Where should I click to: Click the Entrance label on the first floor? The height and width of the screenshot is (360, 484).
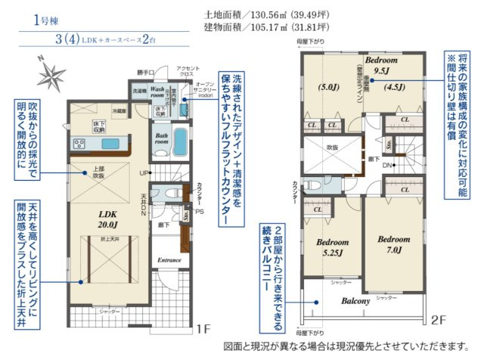tap(168, 260)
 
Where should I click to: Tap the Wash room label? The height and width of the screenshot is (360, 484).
tap(157, 92)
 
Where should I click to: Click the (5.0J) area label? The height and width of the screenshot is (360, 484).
tap(330, 85)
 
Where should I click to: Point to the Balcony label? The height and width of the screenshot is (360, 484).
tap(354, 300)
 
